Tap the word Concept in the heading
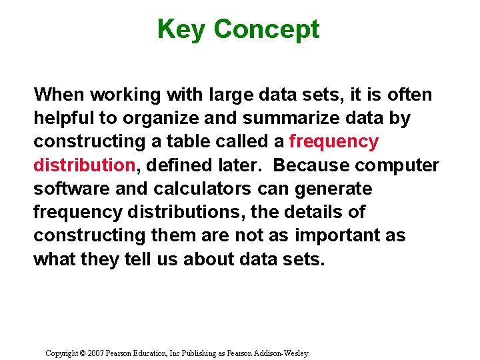pos(267,29)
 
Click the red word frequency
pos(333,142)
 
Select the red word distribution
pos(85,165)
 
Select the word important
pos(327,236)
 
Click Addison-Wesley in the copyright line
pos(286,353)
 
